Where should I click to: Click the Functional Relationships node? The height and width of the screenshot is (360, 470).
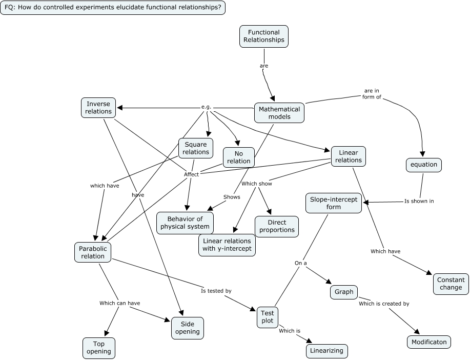pos(263,36)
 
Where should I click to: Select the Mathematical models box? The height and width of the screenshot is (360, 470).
pos(279,113)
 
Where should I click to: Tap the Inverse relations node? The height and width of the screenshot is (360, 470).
pos(98,108)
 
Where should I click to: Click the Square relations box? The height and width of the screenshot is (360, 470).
pos(196,148)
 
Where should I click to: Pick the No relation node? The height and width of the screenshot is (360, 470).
pos(239,157)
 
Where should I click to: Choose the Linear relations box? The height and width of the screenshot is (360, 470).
pos(349,156)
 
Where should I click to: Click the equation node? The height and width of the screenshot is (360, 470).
pos(424,165)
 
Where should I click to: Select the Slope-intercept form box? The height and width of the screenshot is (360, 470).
pos(333,203)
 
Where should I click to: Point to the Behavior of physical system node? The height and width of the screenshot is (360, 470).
pos(185,223)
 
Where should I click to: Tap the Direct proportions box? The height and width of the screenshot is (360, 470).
pos(277,226)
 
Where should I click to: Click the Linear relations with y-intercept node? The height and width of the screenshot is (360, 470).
pos(227,245)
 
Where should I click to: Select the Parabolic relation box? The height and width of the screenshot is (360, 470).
pos(93,252)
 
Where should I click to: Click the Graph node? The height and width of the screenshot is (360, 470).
pos(344,292)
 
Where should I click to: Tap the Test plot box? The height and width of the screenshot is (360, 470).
pos(267,317)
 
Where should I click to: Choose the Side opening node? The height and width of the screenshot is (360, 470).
pos(188,328)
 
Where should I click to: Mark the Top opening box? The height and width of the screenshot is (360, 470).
pos(99,348)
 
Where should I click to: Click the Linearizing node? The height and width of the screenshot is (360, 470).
pos(327,351)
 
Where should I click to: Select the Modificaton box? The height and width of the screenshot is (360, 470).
pos(429,342)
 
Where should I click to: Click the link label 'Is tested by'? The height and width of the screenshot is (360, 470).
pos(216,291)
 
